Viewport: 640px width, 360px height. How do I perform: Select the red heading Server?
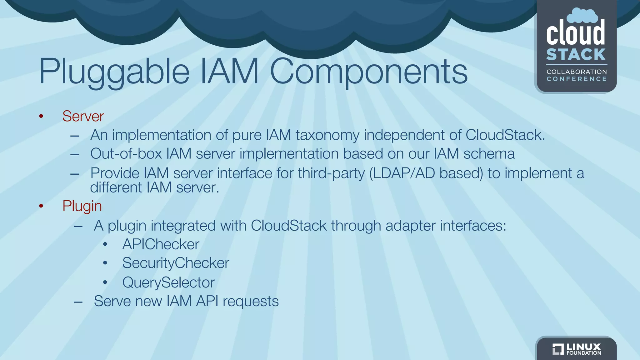pos(83,116)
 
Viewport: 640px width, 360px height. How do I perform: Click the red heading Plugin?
pos(82,206)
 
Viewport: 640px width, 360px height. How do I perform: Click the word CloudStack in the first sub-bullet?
pos(505,135)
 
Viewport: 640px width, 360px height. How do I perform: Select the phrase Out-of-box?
pos(126,154)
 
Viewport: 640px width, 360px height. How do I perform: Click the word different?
pos(116,187)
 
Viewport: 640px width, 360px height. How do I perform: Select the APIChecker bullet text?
pos(161,244)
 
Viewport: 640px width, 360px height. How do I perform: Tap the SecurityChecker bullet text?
pos(176,263)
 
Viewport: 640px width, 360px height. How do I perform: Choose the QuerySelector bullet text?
pos(168,282)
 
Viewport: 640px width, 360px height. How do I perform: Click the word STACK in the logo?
pos(576,55)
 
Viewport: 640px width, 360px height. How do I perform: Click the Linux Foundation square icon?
pos(558,349)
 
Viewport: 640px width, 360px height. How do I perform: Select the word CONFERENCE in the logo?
pos(577,79)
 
